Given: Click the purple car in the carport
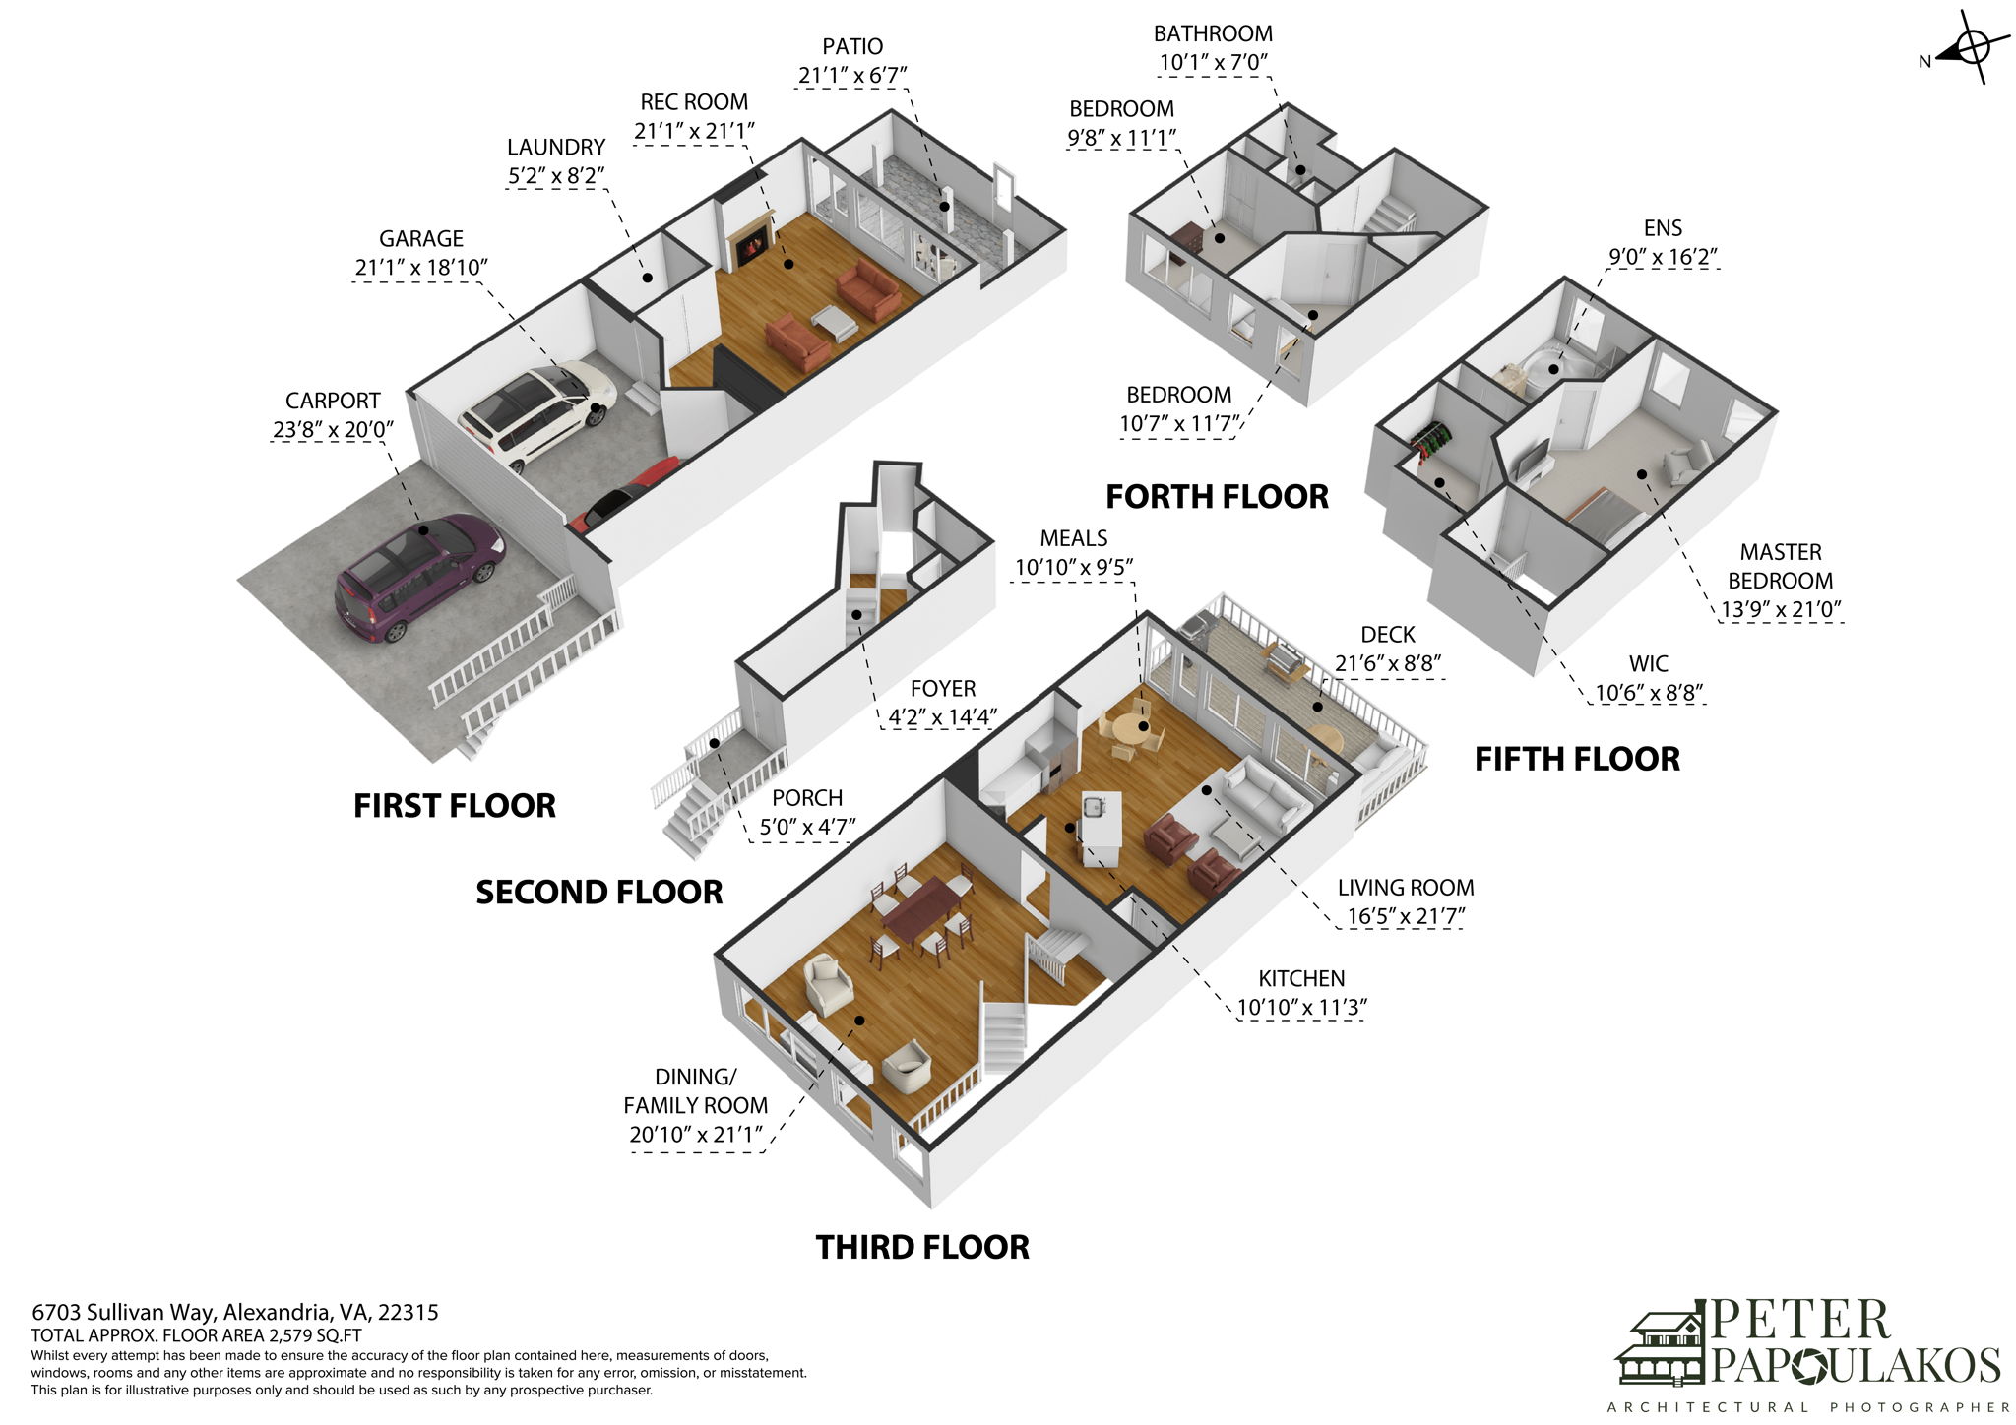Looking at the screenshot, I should pos(418,576).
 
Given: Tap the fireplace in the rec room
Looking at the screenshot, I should pos(752,243).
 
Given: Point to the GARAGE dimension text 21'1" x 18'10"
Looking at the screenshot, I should pos(421,268).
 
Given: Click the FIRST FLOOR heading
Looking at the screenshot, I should pos(454,806).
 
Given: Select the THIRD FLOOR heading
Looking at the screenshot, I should pos(922,1247).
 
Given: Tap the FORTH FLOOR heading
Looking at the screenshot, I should pos(1217,496).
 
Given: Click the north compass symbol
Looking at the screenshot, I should pos(1970,48).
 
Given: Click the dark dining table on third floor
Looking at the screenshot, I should pos(919,907).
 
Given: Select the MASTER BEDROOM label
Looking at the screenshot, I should pos(1780,566).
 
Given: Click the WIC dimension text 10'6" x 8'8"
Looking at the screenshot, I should pos(1648,693).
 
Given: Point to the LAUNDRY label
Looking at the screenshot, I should pos(555,148).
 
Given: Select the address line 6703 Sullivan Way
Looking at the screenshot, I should pos(234,1312).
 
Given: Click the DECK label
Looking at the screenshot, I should pos(1387,635).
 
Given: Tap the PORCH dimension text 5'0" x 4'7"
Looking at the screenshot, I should pos(806,827).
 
